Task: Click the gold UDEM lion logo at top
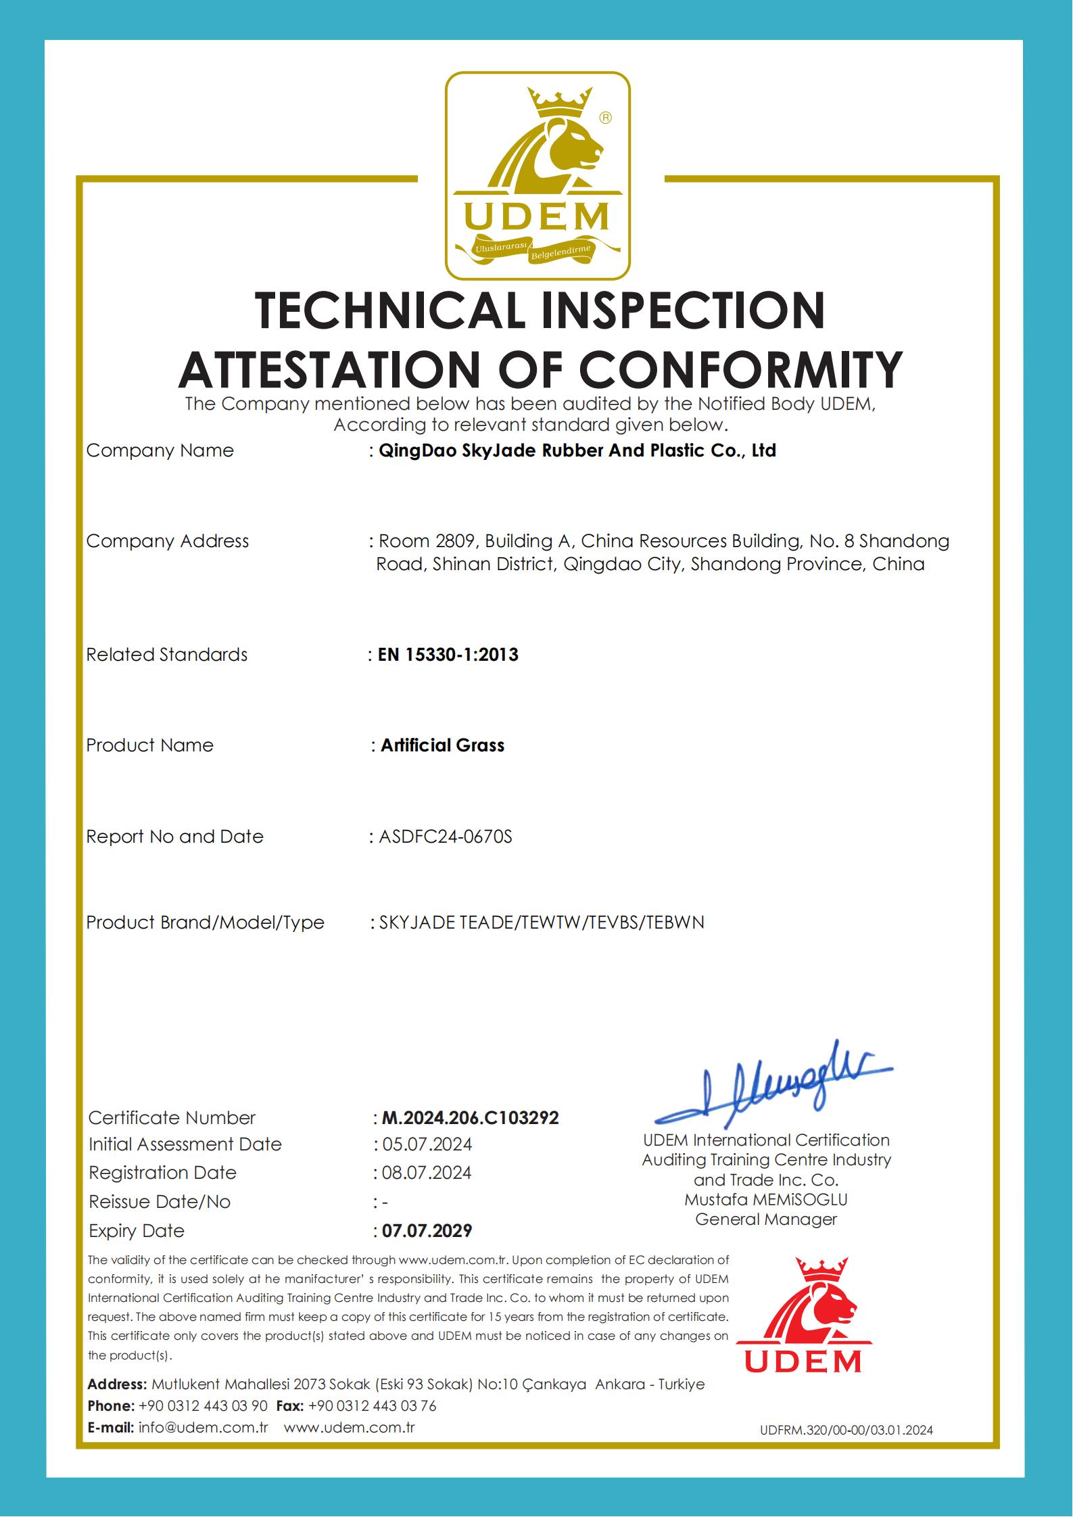pyautogui.click(x=537, y=176)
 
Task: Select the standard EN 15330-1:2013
pyautogui.click(x=448, y=655)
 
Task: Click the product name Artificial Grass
pyautogui.click(x=442, y=745)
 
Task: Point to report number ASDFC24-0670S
pyautogui.click(x=446, y=837)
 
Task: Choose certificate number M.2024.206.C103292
pyautogui.click(x=471, y=1117)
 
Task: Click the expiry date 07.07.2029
pyautogui.click(x=427, y=1230)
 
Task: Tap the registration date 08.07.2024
pyautogui.click(x=427, y=1172)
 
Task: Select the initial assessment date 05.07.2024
pyautogui.click(x=427, y=1144)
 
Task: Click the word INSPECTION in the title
pyautogui.click(x=678, y=310)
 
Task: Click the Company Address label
pyautogui.click(x=168, y=541)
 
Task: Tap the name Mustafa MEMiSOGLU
pyautogui.click(x=765, y=1199)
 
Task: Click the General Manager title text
pyautogui.click(x=765, y=1219)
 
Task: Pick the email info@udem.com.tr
pyautogui.click(x=204, y=1427)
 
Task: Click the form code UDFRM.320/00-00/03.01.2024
pyautogui.click(x=846, y=1430)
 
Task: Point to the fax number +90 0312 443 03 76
pyautogui.click(x=372, y=1405)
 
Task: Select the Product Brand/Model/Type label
pyautogui.click(x=205, y=923)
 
